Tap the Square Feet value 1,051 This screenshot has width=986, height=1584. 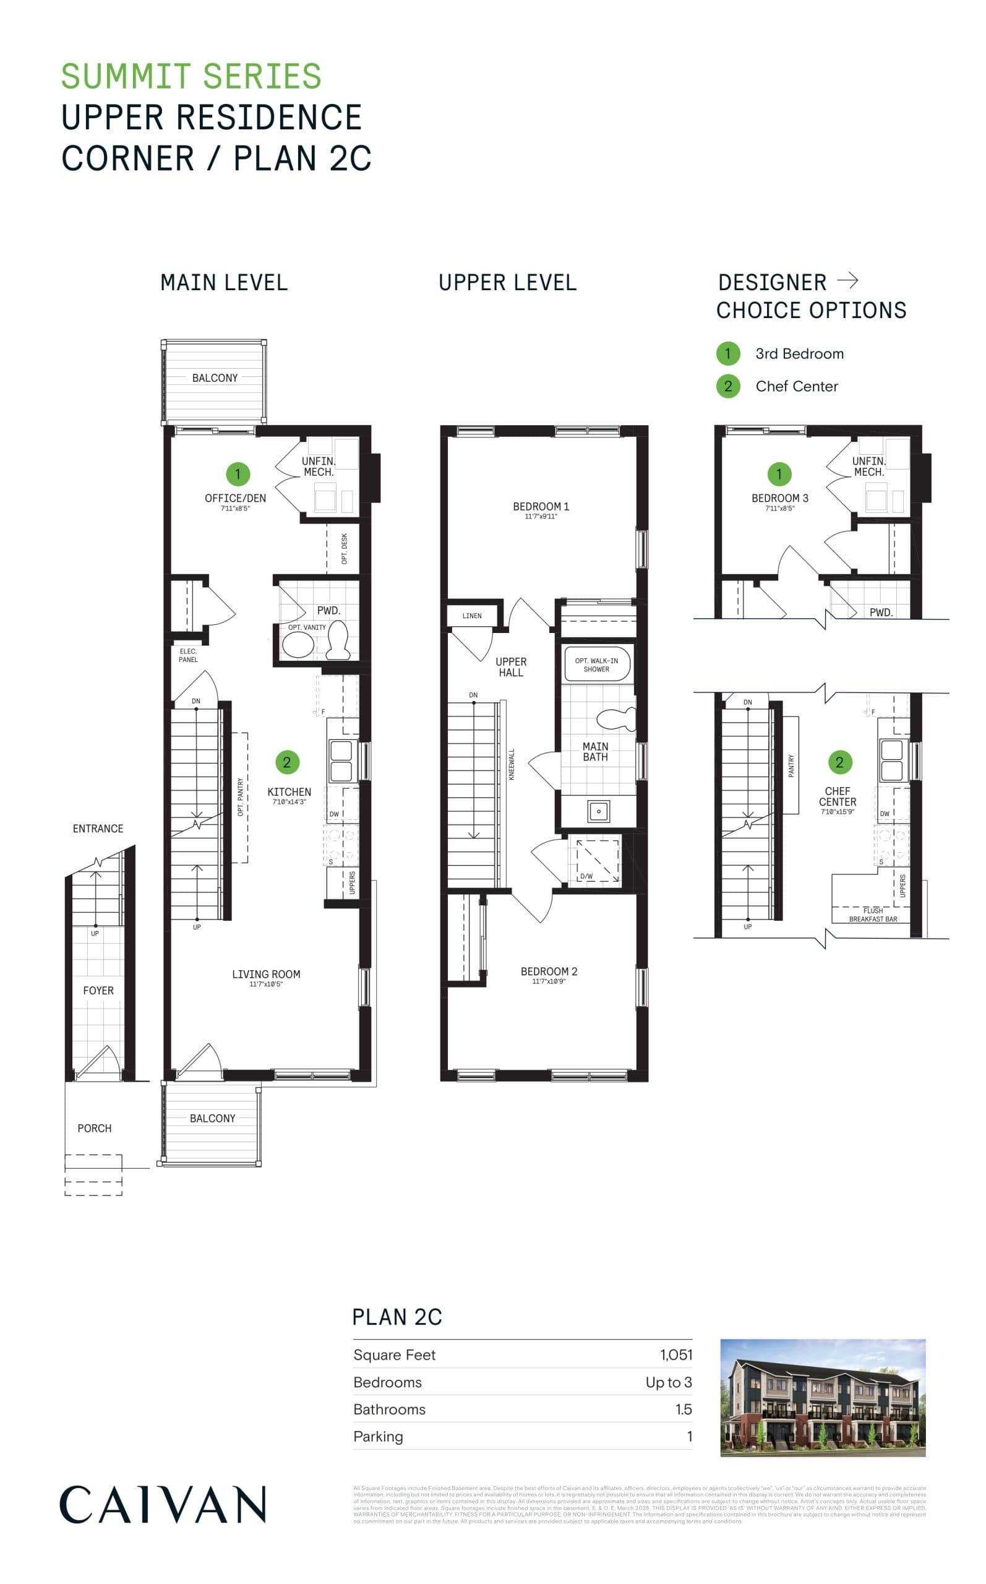(x=675, y=1354)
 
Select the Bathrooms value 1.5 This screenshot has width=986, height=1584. (x=683, y=1410)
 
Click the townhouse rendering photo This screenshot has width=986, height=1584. (x=822, y=1398)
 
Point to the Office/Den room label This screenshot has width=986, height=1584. (x=236, y=498)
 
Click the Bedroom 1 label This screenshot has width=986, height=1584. (x=541, y=507)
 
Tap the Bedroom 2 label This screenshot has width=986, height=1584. (x=549, y=971)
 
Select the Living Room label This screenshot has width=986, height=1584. (x=266, y=975)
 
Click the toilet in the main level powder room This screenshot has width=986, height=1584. (x=338, y=639)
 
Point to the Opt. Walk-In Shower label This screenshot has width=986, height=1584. (x=596, y=665)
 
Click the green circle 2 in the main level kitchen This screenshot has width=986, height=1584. (x=287, y=762)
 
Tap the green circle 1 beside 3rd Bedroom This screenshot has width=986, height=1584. (x=728, y=353)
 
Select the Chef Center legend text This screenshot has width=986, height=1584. (x=796, y=386)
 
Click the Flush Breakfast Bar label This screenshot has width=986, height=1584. (x=873, y=915)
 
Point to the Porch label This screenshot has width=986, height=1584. (x=95, y=1128)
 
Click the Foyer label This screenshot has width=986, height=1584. (x=98, y=991)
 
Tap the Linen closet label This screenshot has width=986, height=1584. (x=472, y=616)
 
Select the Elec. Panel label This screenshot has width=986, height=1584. (x=189, y=655)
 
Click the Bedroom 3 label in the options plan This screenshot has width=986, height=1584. (x=779, y=498)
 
